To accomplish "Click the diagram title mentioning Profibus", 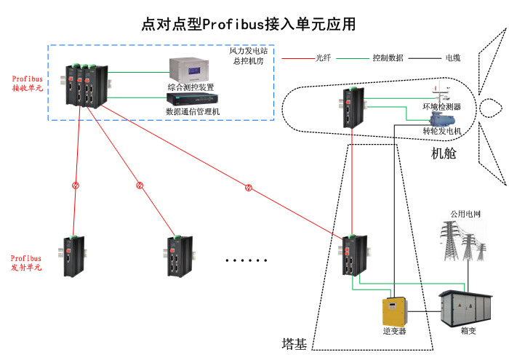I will [x=249, y=24].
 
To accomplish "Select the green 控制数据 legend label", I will [x=388, y=57].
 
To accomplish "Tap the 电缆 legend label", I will [x=452, y=57].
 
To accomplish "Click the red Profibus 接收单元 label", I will [x=27, y=82].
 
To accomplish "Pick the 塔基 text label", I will [x=293, y=343].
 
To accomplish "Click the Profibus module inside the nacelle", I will [x=355, y=107].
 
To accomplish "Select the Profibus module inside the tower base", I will [x=355, y=255].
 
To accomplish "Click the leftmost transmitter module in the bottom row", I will [x=74, y=256].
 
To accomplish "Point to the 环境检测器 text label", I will [x=442, y=106].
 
